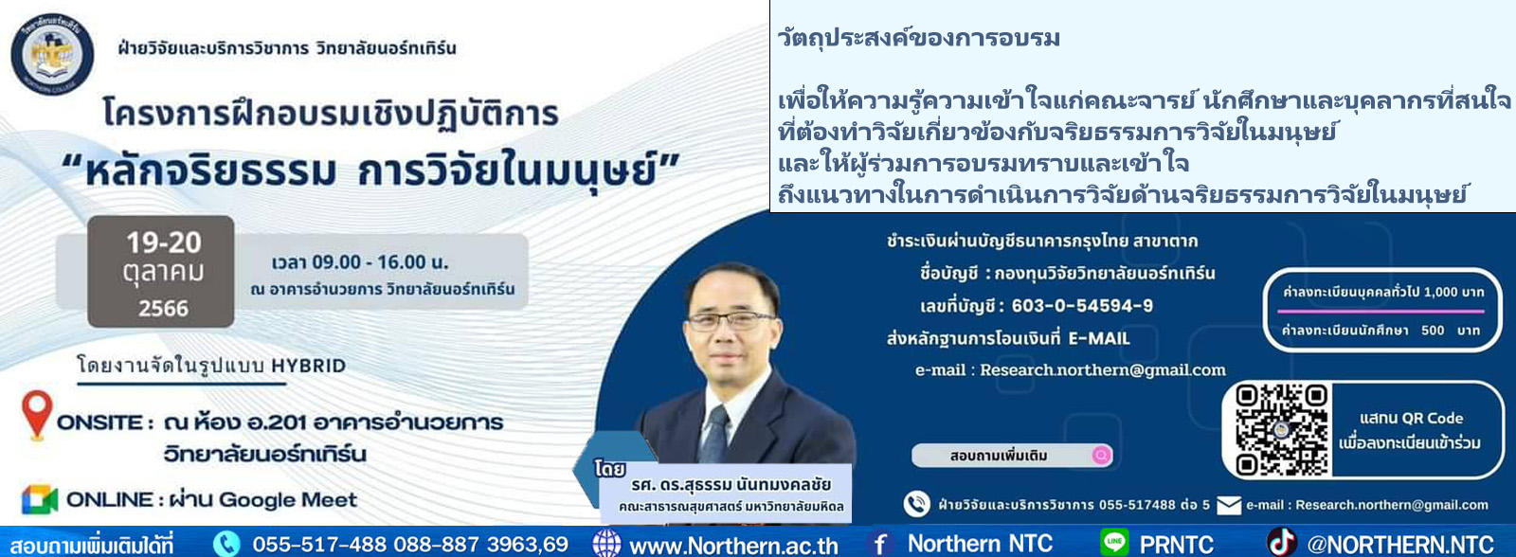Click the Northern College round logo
52,53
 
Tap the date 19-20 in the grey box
164,243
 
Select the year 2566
163,309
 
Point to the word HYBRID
309,367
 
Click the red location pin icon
37,414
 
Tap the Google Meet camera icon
39,500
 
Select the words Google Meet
288,500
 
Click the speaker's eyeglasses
730,320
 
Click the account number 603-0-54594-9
1082,306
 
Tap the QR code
1281,430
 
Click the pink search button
1101,456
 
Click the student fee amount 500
1433,331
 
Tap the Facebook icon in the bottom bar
880,544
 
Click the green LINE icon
1114,542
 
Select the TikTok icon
1280,542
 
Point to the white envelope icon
1228,506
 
